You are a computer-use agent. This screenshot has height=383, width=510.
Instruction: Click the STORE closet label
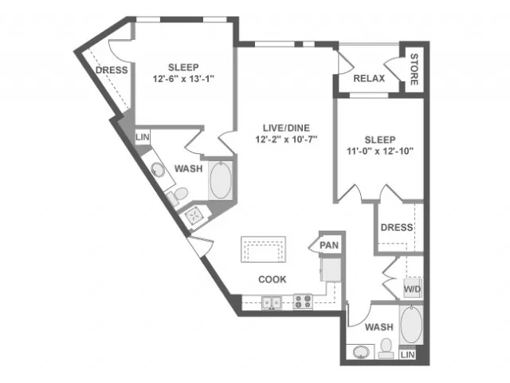414,69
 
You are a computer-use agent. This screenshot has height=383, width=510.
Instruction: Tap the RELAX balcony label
369,78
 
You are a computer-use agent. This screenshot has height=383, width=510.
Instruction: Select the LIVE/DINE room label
286,128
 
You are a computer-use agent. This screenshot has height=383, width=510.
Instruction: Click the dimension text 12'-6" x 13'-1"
183,79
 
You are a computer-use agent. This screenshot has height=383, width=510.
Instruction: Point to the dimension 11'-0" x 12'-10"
380,151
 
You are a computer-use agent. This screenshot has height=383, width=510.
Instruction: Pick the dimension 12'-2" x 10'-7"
286,140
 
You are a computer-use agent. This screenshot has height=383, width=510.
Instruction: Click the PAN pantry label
329,245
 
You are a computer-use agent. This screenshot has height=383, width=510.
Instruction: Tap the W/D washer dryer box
413,289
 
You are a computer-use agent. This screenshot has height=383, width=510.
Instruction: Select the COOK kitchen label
273,279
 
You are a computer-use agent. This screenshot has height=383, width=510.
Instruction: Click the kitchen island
263,249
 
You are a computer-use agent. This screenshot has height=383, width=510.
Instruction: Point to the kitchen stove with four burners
303,302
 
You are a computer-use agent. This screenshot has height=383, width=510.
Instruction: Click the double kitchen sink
272,302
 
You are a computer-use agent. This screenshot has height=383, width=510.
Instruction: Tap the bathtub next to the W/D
411,325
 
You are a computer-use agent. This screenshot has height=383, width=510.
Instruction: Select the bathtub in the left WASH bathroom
221,180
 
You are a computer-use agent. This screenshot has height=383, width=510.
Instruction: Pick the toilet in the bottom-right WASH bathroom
386,349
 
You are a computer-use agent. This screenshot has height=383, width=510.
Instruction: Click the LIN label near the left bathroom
142,136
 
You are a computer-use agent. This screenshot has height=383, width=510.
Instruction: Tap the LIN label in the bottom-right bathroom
407,354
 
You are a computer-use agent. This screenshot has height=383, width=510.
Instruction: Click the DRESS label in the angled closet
112,70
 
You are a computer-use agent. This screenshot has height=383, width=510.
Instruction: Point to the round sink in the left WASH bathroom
158,169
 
